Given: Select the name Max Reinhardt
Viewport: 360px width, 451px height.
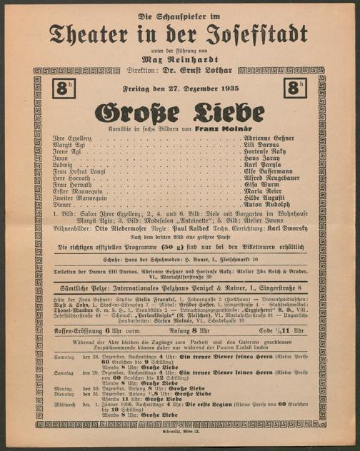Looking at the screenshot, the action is [x=179, y=60].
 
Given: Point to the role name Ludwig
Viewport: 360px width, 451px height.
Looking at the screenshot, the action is [x=65, y=167].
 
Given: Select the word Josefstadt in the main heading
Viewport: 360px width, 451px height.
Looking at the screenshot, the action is [x=246, y=32].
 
